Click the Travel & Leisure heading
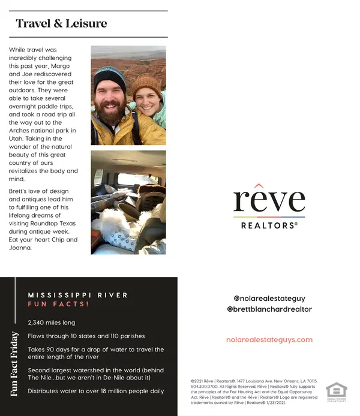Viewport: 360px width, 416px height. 61,24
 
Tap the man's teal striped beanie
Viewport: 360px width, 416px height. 110,77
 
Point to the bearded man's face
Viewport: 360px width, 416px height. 112,102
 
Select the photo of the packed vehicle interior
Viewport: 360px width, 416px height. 128,202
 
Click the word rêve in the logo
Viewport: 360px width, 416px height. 269,201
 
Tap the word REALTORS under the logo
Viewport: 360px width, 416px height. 269,226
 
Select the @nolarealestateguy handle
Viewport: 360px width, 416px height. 269,297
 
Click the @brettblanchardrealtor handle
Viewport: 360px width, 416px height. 269,309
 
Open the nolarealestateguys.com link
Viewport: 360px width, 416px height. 269,339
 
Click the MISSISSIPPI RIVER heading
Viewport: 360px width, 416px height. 78,295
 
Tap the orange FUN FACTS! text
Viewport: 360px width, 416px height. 58,305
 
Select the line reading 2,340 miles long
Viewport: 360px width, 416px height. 52,322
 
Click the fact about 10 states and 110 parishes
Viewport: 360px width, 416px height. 86,336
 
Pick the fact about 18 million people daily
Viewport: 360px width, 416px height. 96,391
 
